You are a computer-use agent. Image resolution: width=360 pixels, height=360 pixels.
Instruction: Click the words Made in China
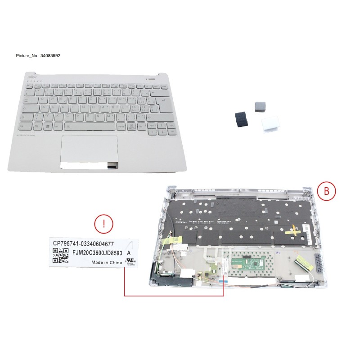coord(106,262)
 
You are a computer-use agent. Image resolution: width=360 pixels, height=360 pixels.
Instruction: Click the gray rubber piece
coord(260,106)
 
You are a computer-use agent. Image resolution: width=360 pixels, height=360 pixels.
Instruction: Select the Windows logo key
coord(47,126)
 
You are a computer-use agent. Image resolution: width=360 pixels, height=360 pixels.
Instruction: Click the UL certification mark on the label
coord(130,263)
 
